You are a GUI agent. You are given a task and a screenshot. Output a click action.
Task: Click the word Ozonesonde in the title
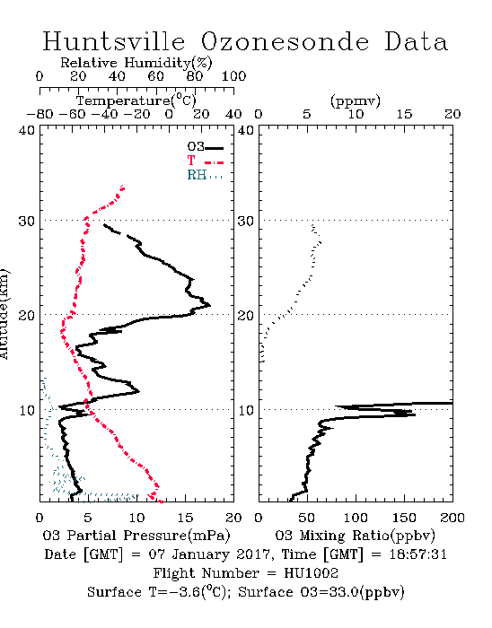[x=285, y=42]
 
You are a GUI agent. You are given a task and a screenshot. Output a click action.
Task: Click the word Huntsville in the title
[x=114, y=41]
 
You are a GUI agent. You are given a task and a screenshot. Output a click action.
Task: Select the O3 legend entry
[x=205, y=147]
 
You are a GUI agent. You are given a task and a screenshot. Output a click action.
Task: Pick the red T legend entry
[x=205, y=161]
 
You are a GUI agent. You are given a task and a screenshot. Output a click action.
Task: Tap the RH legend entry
[x=205, y=175]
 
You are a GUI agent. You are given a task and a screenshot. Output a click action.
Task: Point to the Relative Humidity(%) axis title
[x=136, y=63]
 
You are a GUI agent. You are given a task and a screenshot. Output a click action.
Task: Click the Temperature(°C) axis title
[x=136, y=100]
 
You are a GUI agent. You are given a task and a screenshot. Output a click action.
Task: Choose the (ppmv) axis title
[x=356, y=101]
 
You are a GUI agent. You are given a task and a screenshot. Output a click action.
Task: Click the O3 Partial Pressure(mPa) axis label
[x=136, y=536]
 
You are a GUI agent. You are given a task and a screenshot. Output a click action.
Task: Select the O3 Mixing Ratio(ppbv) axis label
[x=355, y=536]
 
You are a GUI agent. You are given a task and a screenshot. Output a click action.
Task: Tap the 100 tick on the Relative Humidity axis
[x=234, y=76]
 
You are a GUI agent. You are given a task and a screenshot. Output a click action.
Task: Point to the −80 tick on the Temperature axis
[x=40, y=115]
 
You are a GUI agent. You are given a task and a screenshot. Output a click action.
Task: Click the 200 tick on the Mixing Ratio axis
[x=452, y=518]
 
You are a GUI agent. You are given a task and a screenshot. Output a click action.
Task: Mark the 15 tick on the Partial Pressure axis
[x=185, y=518]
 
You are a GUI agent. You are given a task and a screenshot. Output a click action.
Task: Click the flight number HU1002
[x=311, y=573]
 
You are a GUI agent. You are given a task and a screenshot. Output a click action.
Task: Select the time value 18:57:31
[x=417, y=554]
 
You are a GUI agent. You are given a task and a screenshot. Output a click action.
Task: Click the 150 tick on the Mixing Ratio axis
[x=404, y=518]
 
